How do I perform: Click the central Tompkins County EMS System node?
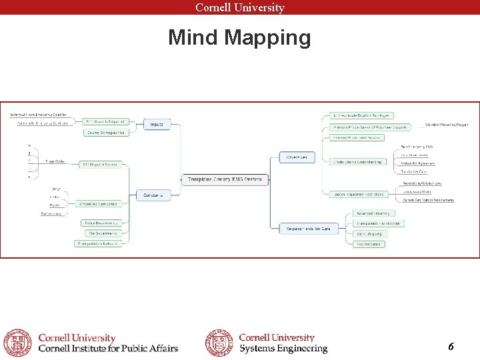225,179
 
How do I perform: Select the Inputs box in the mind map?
157,124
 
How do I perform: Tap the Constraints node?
153,195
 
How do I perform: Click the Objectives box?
297,157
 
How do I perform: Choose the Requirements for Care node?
308,229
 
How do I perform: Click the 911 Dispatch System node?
101,164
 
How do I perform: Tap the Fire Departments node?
101,233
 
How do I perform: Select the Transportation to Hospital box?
378,223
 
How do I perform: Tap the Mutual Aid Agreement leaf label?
417,163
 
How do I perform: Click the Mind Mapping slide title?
239,38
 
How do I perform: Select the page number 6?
451,347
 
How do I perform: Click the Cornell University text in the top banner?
240,7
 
